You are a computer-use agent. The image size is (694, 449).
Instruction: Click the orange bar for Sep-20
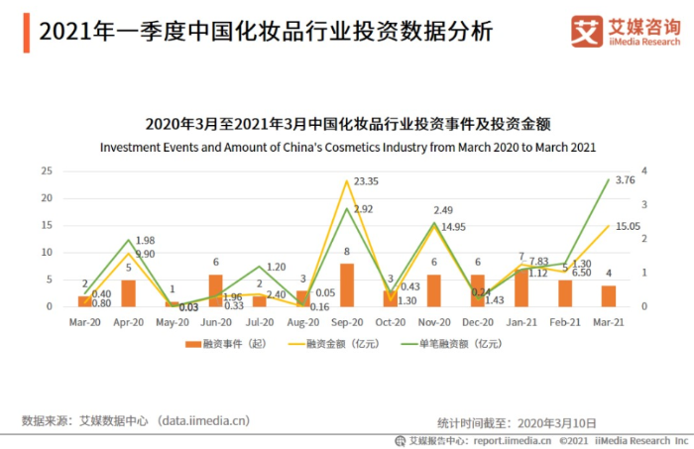[x=347, y=284]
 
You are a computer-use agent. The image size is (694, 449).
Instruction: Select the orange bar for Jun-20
[x=216, y=290]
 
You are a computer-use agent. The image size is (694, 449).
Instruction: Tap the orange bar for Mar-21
[x=609, y=295]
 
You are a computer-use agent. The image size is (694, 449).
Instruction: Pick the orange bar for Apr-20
[x=129, y=292]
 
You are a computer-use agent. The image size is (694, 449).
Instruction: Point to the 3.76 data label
[x=625, y=180]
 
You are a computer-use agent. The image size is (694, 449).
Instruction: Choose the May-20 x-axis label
[x=172, y=322]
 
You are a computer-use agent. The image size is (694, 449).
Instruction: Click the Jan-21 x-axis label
[x=521, y=322]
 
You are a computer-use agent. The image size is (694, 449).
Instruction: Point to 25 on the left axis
[x=46, y=170]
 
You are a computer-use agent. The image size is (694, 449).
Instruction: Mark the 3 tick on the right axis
[x=645, y=205]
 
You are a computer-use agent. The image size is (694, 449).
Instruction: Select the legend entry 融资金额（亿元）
[x=325, y=343]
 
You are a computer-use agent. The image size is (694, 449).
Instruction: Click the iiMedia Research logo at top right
[x=625, y=31]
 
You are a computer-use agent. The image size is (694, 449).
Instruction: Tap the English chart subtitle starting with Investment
[x=347, y=147]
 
